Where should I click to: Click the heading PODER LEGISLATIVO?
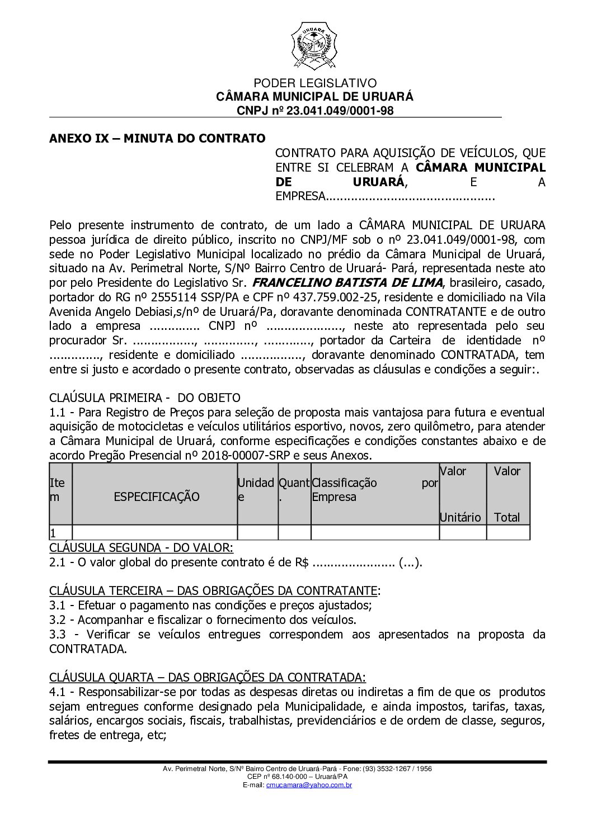[315, 83]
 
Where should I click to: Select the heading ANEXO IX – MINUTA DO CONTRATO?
[157, 138]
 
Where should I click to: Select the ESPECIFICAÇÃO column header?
[156, 496]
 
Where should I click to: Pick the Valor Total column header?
[507, 494]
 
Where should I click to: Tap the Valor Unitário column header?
[461, 494]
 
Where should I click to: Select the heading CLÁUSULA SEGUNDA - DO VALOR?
[142, 546]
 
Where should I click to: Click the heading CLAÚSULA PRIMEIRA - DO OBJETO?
[144, 398]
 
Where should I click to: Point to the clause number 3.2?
[59, 620]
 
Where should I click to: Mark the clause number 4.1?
[59, 692]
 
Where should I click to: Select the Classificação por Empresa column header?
[375, 489]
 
